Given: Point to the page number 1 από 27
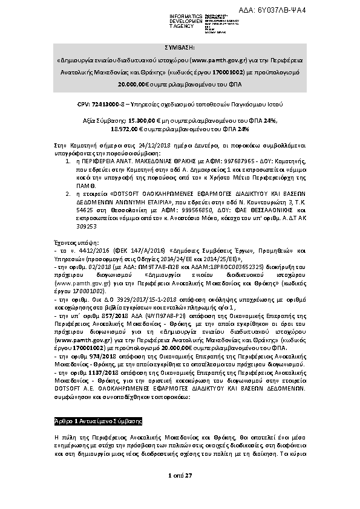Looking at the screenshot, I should pos(180,476).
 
